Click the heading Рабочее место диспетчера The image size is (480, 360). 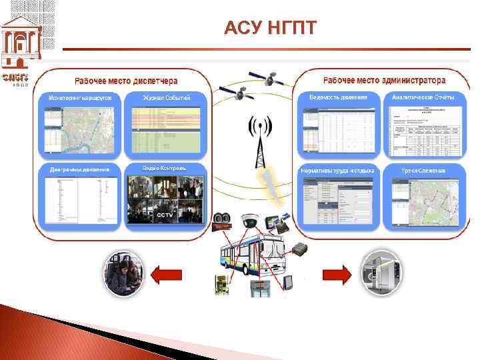pyautogui.click(x=126, y=81)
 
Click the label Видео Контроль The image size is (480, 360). pyautogui.click(x=165, y=167)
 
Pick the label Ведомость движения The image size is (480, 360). pyautogui.click(x=338, y=97)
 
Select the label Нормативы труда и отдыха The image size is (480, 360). pyautogui.click(x=338, y=171)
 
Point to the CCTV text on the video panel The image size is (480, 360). pyautogui.click(x=165, y=215)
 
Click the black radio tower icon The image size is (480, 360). pyautogui.click(x=258, y=142)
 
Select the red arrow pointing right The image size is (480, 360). pyautogui.click(x=337, y=274)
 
